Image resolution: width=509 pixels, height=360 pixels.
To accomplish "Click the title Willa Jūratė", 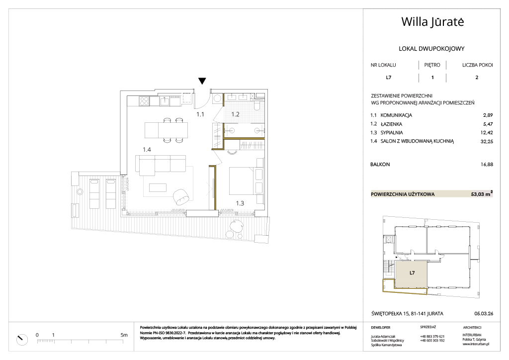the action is [x=432, y=22].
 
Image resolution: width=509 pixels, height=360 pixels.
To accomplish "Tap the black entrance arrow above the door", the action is [x=202, y=81].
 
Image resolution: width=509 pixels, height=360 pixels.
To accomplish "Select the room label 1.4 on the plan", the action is [x=147, y=150].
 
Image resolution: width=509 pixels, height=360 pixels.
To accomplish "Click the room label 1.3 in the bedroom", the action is [x=240, y=203].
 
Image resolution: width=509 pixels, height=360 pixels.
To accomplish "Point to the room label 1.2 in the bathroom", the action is [x=235, y=114].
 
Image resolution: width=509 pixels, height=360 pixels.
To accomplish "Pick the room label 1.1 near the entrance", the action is [x=200, y=114].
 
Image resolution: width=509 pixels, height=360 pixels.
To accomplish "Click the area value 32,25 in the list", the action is [x=487, y=141].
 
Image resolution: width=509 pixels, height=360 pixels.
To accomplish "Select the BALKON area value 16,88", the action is [x=487, y=164].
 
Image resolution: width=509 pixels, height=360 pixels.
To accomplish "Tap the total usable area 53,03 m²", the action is [x=482, y=194].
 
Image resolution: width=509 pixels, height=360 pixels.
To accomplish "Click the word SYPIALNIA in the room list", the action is [x=392, y=132].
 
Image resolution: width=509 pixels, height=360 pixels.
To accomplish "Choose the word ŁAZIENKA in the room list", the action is [x=391, y=124].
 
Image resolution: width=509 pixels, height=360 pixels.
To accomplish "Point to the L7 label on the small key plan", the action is [x=412, y=273].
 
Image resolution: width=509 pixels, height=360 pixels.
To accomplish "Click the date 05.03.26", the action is [x=484, y=314].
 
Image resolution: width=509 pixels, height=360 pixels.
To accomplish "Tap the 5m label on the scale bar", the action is [x=124, y=335].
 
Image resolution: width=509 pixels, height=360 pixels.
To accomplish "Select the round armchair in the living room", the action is [x=180, y=197].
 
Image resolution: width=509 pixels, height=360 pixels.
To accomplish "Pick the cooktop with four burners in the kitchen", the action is [x=144, y=101].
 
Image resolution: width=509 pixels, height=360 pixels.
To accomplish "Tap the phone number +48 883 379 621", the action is [x=432, y=337].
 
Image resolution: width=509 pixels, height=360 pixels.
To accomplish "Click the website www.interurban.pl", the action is [x=476, y=344].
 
